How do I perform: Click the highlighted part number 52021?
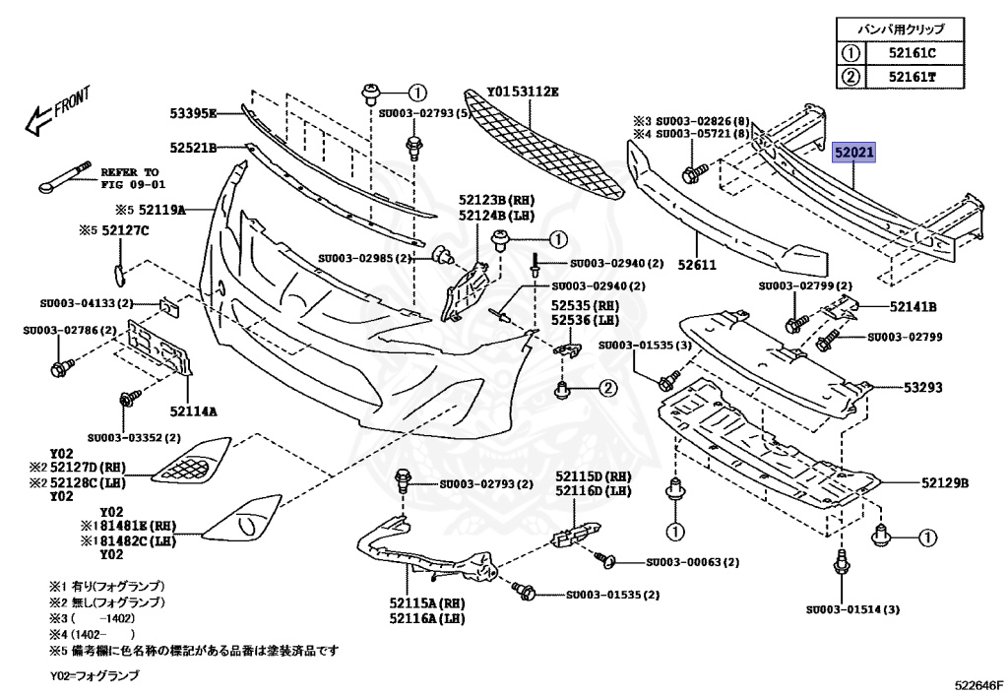click(854, 155)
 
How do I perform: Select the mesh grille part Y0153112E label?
click(523, 92)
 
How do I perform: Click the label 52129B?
click(945, 483)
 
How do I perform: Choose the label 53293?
click(923, 388)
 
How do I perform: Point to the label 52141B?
click(913, 306)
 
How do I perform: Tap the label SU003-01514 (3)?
click(852, 609)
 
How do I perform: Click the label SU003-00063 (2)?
click(693, 563)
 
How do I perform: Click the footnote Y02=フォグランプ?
click(94, 677)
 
